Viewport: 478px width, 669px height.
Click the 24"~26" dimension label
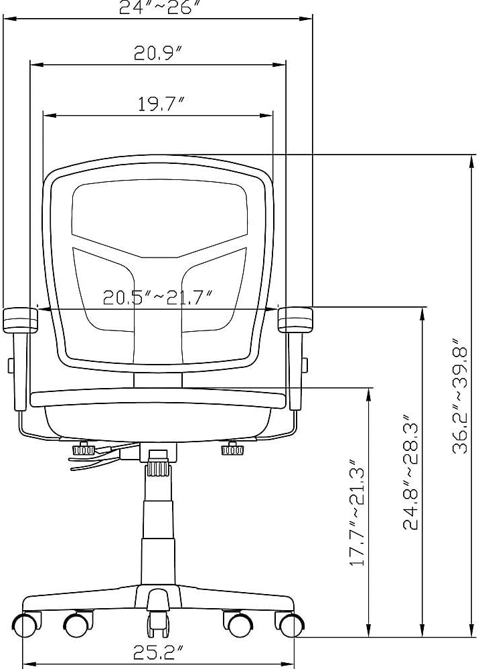pyautogui.click(x=159, y=7)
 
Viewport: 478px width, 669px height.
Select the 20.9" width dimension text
pyautogui.click(x=158, y=53)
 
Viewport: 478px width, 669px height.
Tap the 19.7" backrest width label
pyautogui.click(x=161, y=104)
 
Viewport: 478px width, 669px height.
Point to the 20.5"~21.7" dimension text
pyautogui.click(x=158, y=297)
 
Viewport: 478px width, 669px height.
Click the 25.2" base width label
pyautogui.click(x=158, y=652)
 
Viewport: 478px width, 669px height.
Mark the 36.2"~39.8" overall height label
pyautogui.click(x=460, y=396)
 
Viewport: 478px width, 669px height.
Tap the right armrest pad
pyautogui.click(x=295, y=320)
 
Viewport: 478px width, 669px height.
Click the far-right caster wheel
pyautogui.click(x=292, y=624)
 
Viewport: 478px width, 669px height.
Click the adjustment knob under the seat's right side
pyautogui.click(x=232, y=449)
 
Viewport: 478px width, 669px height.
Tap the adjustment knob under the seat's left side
pyautogui.click(x=84, y=450)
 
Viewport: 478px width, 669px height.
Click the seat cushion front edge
pyautogui.click(x=159, y=399)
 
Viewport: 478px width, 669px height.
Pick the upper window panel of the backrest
pyautogui.click(x=159, y=219)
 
